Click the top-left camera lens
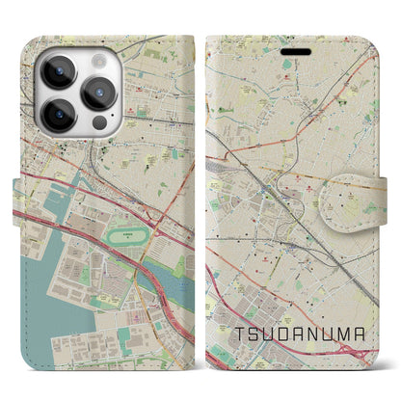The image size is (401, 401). point(56,70)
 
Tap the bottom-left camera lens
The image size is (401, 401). point(56,112)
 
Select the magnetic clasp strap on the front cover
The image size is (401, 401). point(370,181)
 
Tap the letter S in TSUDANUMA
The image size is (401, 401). point(254,333)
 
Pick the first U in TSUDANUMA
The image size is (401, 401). point(270,333)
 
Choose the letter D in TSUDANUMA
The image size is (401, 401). point(286,333)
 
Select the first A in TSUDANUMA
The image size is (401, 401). point(303,333)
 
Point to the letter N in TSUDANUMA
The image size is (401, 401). point(319,333)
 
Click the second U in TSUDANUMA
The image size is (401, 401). point(335,333)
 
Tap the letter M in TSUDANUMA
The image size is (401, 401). point(352,333)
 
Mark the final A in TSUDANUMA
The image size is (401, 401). point(369,333)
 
